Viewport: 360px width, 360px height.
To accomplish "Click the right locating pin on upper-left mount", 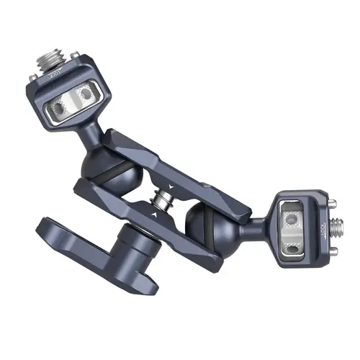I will pos(87,93).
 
